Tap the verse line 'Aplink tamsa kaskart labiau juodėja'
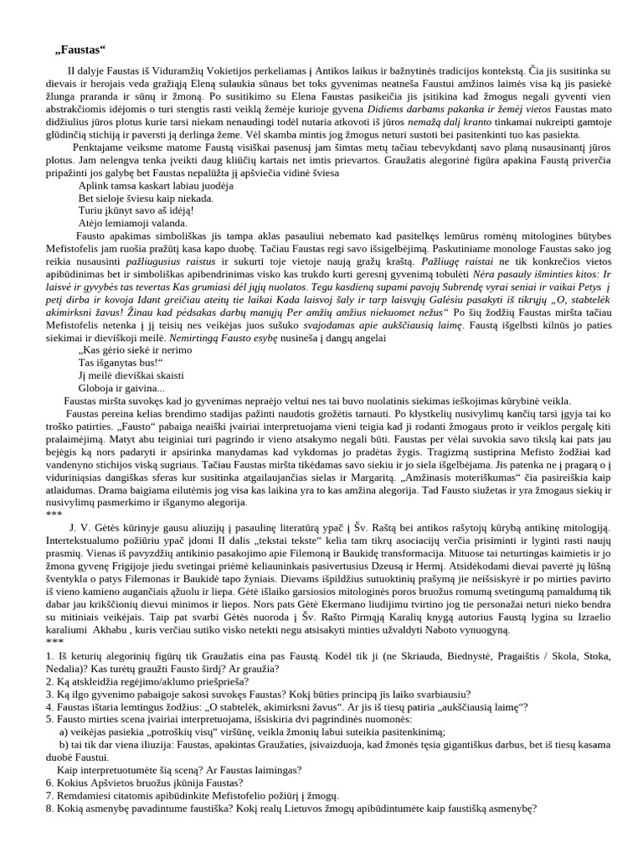pos(156,185)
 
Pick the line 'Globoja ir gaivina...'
pos(121,388)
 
